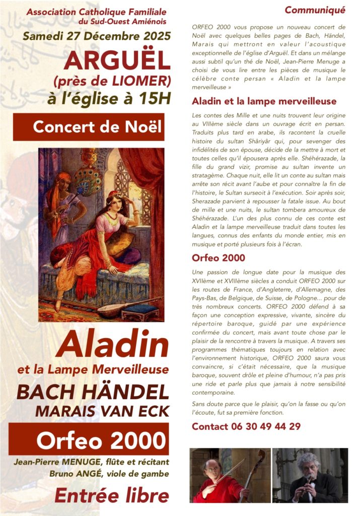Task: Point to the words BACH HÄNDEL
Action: (93, 393)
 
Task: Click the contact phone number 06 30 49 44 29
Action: (246, 427)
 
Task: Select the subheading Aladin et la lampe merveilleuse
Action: (257, 101)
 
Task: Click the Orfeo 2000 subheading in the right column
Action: (219, 258)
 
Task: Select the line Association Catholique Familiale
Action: (96, 11)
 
